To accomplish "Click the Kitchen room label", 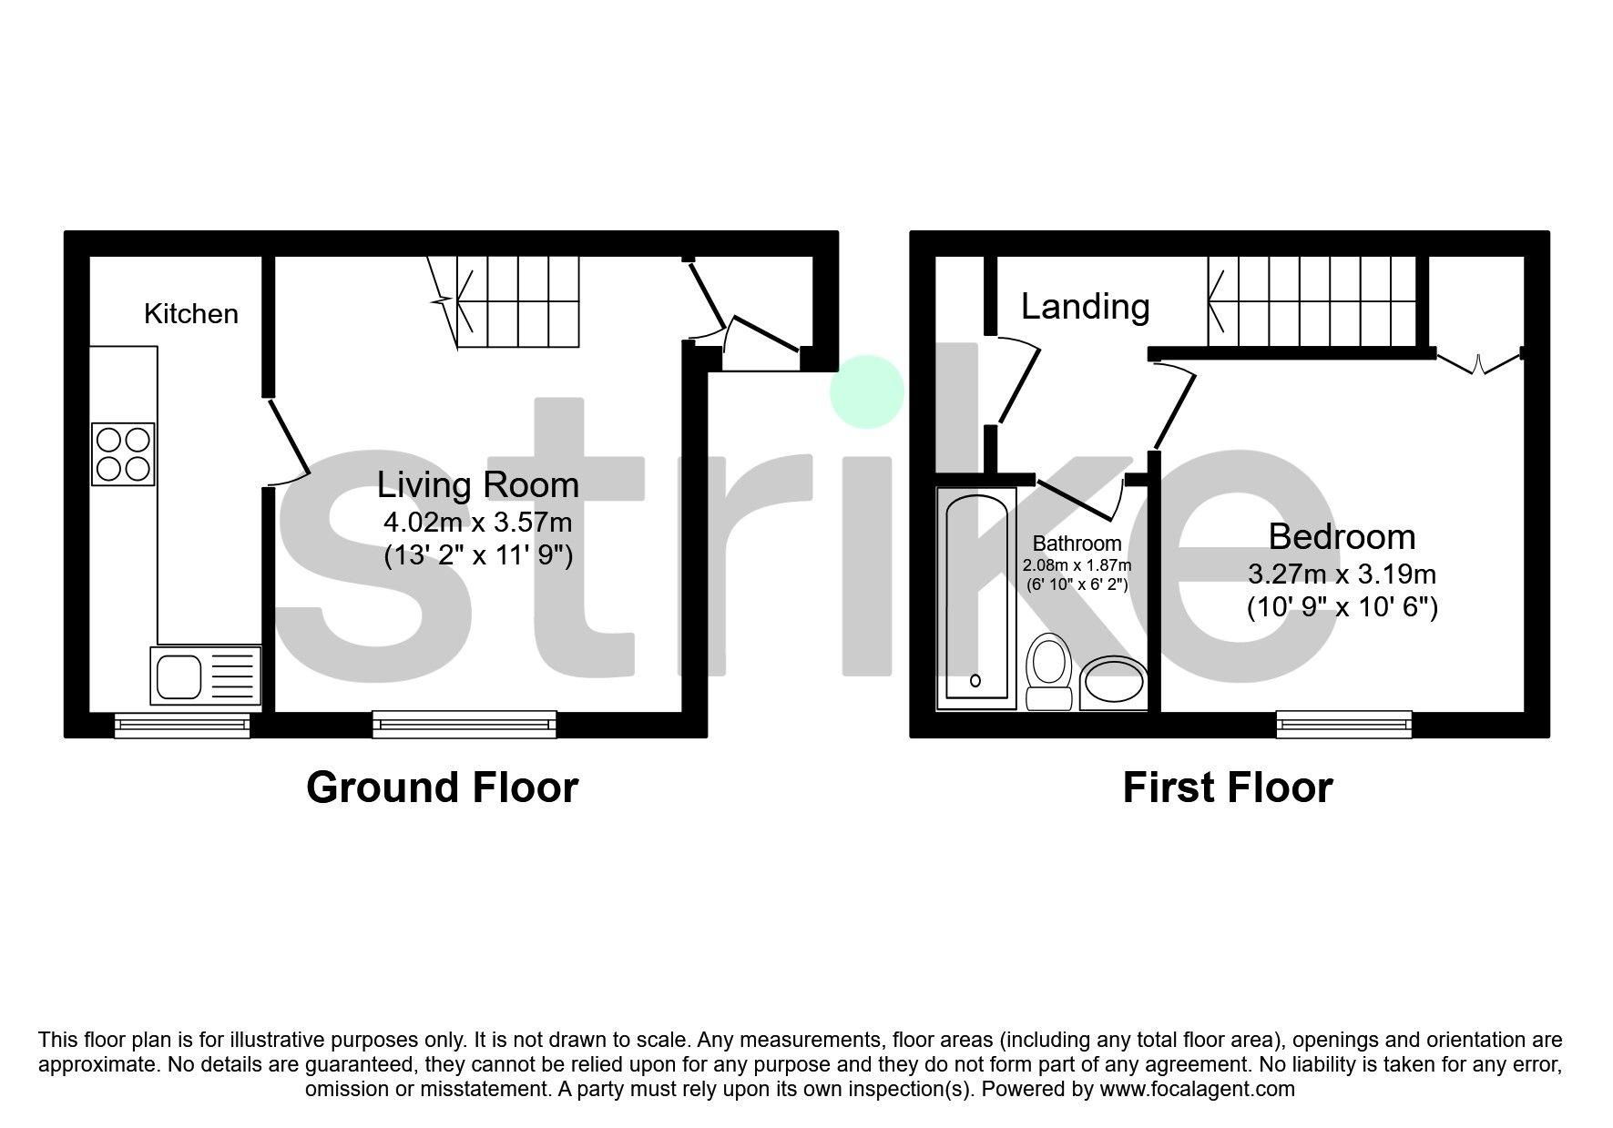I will click(191, 314).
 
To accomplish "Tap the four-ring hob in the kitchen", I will click(123, 453).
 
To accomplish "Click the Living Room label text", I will click(478, 484).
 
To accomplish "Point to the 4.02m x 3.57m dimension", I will click(478, 523).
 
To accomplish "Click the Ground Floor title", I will click(442, 788).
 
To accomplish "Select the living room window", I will click(465, 725).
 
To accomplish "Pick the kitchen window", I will click(182, 725).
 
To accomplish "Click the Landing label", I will click(1085, 307).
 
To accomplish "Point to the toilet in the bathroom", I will click(1048, 671).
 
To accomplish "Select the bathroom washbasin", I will click(1113, 683).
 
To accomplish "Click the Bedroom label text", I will click(1342, 536).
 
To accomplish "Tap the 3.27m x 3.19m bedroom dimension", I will click(1342, 574).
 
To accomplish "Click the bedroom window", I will click(1344, 725).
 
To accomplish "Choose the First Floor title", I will click(1227, 788).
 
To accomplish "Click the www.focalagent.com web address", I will click(1197, 1088).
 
